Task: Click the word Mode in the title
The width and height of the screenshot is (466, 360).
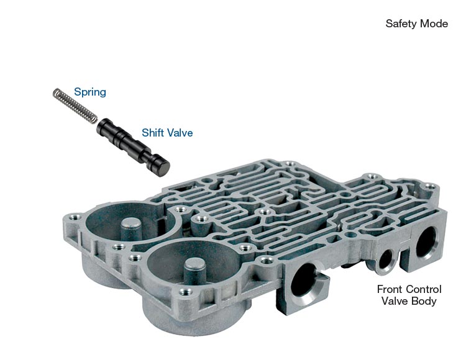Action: click(434, 24)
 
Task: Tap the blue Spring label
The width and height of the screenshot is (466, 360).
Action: click(90, 92)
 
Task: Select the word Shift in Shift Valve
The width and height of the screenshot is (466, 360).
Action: click(151, 132)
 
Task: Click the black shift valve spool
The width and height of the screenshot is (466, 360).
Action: click(133, 148)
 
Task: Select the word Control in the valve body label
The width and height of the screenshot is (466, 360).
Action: click(424, 289)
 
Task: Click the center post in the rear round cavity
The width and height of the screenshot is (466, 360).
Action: click(131, 228)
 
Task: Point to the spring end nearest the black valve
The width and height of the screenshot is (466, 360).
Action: click(93, 119)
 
